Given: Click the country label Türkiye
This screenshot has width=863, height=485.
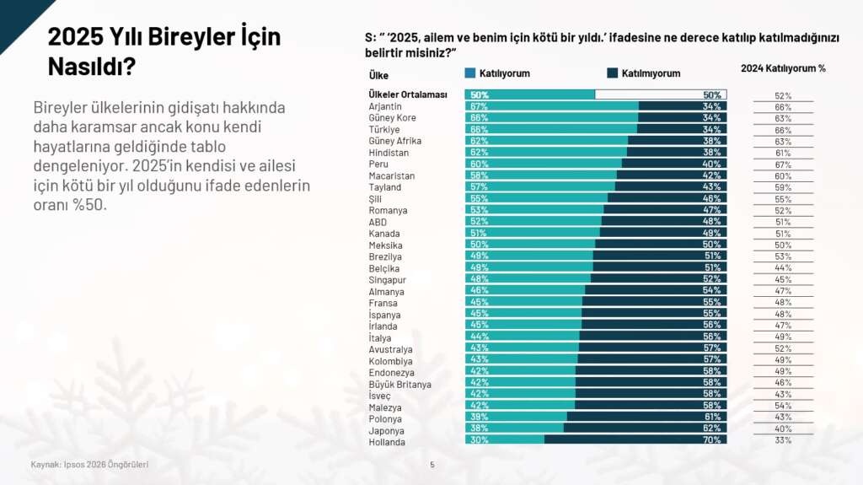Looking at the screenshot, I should pos(383,130).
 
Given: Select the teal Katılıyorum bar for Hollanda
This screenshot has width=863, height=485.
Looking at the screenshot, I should pos(504,439).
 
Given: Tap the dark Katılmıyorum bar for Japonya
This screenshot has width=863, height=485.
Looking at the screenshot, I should pos(645,428).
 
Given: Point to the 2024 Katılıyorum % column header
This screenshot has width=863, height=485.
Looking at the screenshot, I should pos(783,67).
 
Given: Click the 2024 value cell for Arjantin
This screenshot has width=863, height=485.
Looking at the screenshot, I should pos(783,107).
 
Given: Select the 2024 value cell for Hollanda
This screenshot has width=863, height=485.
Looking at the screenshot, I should pos(783,440).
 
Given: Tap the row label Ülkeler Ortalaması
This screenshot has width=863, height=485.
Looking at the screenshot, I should pos(408,94).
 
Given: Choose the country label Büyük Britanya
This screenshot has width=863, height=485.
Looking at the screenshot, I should pos(399,385).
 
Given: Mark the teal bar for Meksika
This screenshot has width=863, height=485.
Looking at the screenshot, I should pos(529,245).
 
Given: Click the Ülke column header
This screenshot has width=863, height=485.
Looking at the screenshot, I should pos(378,75).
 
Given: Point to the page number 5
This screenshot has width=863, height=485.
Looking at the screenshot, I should pos(432,464).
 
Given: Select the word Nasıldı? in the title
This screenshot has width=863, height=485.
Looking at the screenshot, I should pos(92,67).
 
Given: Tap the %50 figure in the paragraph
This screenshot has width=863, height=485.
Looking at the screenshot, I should pos(90,206).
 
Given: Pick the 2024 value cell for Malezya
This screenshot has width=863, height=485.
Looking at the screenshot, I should pos(783,406).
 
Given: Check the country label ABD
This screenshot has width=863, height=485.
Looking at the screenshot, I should pos(378,223).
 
